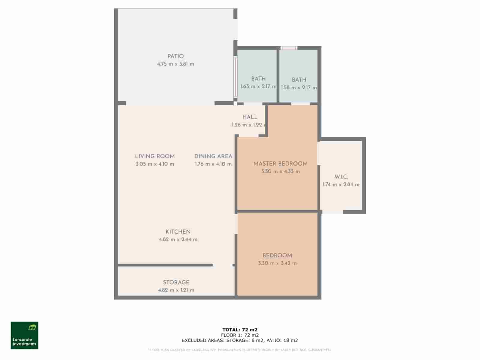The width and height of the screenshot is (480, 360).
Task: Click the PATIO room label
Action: [x=175, y=56]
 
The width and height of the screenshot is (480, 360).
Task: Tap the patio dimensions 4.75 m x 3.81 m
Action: [x=175, y=64]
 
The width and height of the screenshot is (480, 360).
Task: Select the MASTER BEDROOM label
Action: [x=280, y=164]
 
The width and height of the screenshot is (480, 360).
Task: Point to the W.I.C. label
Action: [x=341, y=177]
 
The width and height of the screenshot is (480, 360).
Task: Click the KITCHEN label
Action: [x=178, y=232]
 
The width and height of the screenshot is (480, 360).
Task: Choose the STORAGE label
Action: [x=176, y=282]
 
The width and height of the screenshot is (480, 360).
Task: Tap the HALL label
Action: [x=250, y=117]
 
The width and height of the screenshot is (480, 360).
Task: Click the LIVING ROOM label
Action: [x=155, y=156]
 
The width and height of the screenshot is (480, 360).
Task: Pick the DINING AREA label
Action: [x=213, y=156]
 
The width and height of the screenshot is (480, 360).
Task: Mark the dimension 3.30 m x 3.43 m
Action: [x=277, y=263]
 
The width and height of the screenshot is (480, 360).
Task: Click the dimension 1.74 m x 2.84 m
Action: [x=341, y=184]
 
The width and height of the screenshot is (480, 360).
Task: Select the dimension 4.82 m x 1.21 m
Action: [x=176, y=290]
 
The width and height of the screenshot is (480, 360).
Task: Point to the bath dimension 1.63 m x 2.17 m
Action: [x=258, y=86]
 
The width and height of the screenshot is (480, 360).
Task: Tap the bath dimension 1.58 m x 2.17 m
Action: [x=299, y=88]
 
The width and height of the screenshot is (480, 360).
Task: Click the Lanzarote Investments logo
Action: [x=25, y=335]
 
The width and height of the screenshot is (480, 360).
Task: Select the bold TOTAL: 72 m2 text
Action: [x=240, y=330]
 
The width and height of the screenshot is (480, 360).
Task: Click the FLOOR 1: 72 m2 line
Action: [x=240, y=335]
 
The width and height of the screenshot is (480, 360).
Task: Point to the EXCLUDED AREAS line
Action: [x=240, y=340]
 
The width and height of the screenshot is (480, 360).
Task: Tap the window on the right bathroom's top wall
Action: [x=289, y=48]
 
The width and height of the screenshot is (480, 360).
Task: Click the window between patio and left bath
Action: [x=235, y=77]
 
